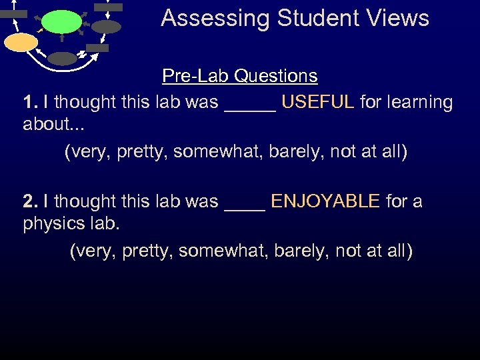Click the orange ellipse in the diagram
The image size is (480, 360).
click(x=21, y=43)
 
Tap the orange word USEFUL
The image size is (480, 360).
click(x=317, y=102)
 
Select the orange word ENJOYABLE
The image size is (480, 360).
click(x=325, y=201)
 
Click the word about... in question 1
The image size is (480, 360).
click(x=51, y=124)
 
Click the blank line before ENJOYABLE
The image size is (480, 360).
click(x=245, y=204)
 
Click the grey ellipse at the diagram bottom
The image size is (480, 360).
click(x=63, y=59)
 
